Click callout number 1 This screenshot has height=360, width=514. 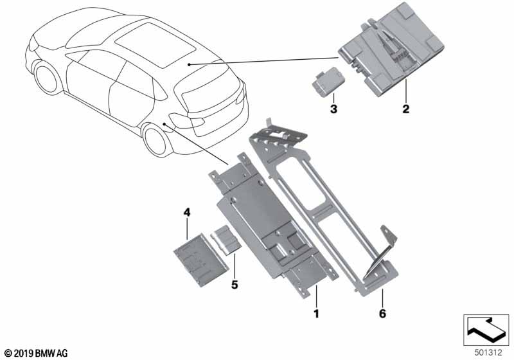click(x=316, y=314)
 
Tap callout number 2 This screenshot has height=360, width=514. click(x=406, y=109)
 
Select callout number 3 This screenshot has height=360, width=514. click(x=333, y=109)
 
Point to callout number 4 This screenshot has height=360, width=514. click(x=186, y=212)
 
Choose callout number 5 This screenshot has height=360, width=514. click(x=235, y=285)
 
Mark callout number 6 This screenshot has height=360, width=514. click(x=382, y=314)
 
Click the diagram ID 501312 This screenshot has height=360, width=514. click(x=488, y=353)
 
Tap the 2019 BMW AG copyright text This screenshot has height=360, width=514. click(x=37, y=353)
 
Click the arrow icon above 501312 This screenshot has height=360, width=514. click(x=486, y=330)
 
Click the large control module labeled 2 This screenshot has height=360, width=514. click(x=391, y=54)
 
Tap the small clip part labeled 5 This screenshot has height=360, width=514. click(x=227, y=239)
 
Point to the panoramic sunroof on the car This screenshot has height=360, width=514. click(x=155, y=44)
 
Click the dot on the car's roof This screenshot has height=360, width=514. click(x=189, y=64)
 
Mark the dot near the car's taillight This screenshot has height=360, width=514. click(x=164, y=124)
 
